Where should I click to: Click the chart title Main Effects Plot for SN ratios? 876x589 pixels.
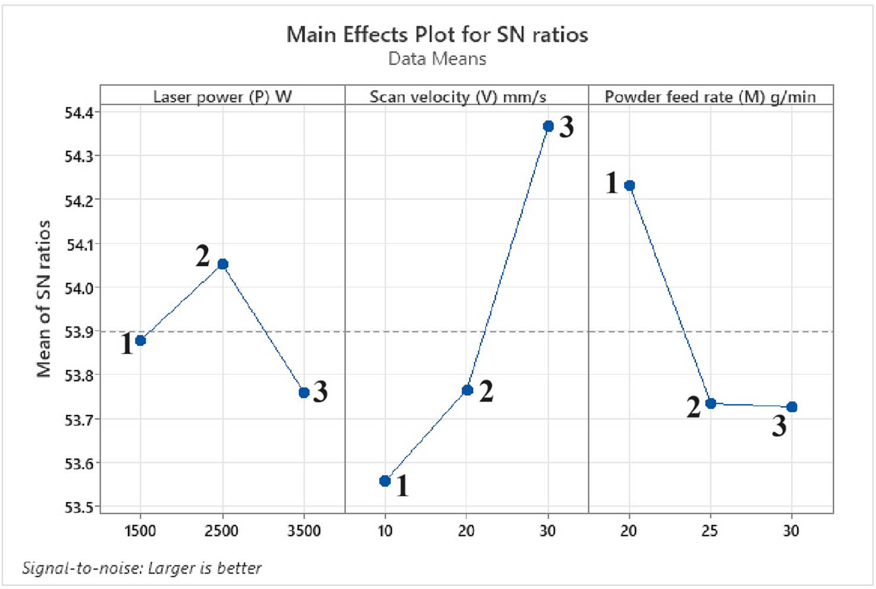[437, 35]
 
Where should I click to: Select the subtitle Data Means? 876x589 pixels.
[437, 59]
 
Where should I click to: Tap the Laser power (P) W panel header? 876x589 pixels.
[223, 96]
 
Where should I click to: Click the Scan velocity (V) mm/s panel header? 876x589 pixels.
[458, 96]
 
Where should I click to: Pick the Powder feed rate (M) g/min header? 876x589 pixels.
[710, 96]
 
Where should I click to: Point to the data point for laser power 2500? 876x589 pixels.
[223, 264]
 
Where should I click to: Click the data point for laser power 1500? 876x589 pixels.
[140, 340]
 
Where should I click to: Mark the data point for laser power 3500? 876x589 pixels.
[304, 392]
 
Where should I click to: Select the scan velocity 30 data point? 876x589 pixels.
[548, 126]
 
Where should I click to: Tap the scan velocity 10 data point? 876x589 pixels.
[385, 481]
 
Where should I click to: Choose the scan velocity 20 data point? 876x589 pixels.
[467, 390]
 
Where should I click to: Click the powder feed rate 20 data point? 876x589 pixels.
[629, 185]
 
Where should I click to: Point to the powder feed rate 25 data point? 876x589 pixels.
[710, 403]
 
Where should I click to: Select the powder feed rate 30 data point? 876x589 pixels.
[792, 407]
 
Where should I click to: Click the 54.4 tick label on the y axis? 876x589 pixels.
[79, 112]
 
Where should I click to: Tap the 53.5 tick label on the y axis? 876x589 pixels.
[79, 507]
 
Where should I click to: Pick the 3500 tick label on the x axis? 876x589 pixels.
[304, 531]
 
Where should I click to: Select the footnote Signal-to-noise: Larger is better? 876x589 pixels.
[141, 568]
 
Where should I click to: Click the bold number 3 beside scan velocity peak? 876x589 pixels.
[566, 127]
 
